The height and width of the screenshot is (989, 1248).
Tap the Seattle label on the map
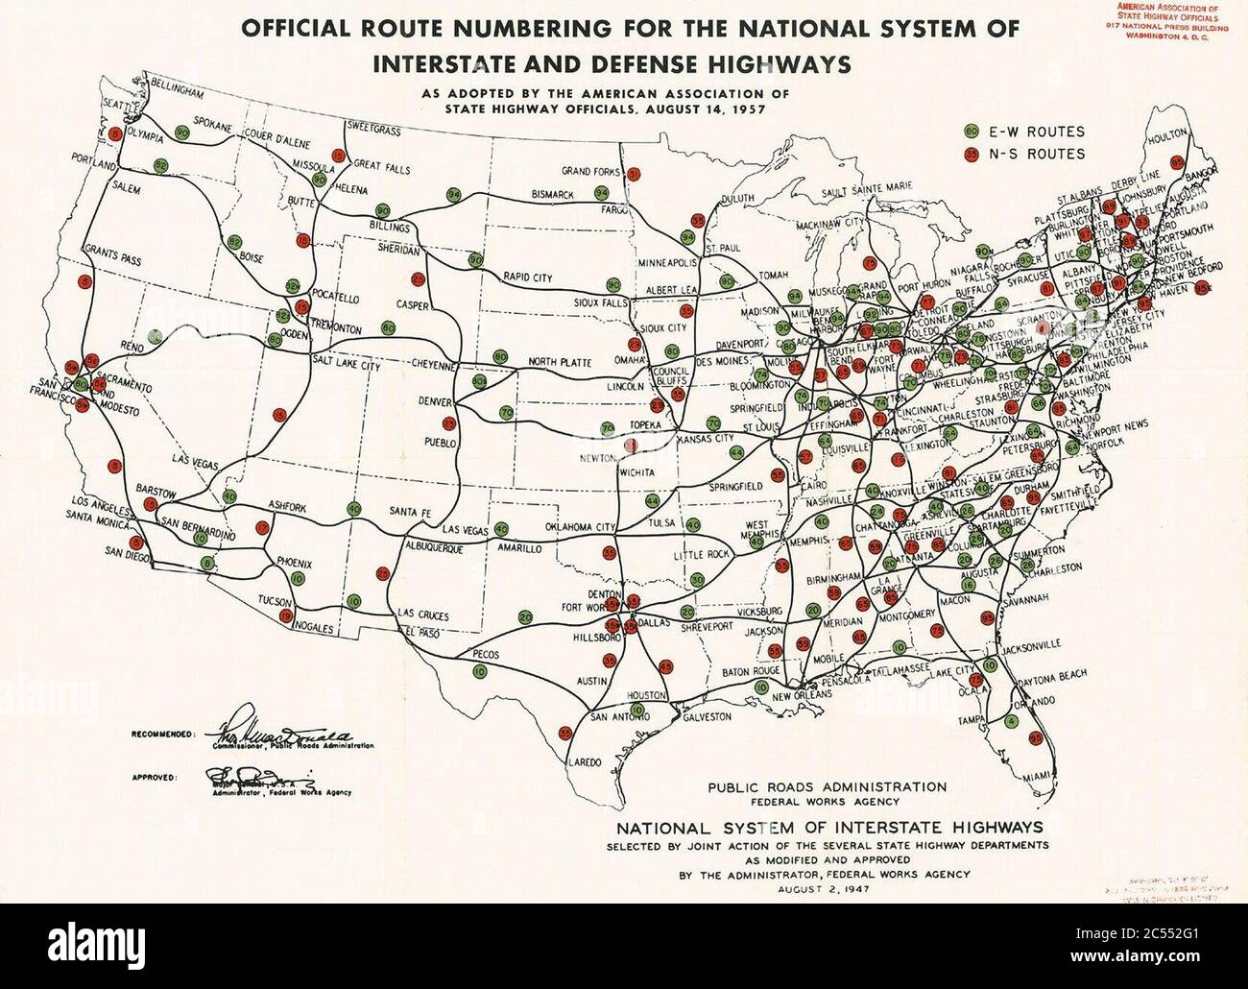(x=121, y=105)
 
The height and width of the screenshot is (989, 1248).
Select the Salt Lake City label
(x=347, y=366)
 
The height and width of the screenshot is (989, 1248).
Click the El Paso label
(x=422, y=632)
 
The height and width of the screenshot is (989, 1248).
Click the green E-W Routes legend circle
(x=972, y=132)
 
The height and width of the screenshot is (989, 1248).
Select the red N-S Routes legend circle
(x=972, y=154)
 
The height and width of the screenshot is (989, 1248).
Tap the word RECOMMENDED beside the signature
(x=162, y=734)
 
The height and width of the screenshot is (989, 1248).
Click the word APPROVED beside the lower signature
(x=154, y=776)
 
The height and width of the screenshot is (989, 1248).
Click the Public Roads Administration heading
(x=827, y=787)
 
